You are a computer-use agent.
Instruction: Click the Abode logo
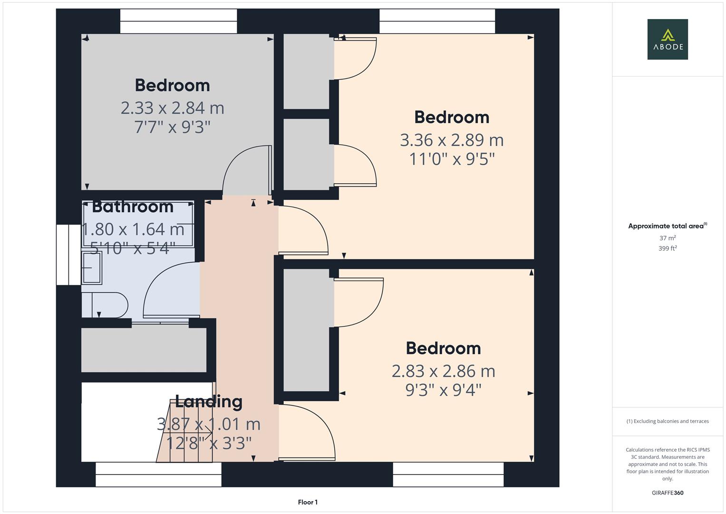pos(667,39)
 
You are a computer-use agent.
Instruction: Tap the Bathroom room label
pos(133,207)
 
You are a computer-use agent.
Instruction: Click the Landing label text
pos(209,401)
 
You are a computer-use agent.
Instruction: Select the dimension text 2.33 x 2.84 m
pos(172,108)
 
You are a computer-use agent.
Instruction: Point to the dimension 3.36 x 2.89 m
pos(451,140)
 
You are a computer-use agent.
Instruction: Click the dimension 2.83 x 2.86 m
pos(443,371)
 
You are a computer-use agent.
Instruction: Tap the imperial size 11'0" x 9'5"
pos(452,159)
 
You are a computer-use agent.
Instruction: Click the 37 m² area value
pos(667,238)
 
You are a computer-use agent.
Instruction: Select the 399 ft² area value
pos(667,248)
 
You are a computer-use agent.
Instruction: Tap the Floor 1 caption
pos(308,502)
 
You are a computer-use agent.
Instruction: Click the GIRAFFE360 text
pos(667,493)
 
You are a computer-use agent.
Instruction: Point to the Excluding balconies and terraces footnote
pos(667,421)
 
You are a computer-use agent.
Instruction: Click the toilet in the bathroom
pos(107,305)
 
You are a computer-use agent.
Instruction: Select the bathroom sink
pos(92,267)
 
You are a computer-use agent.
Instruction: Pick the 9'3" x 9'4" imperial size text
pos(443,390)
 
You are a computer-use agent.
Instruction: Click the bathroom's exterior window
pos(68,255)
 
